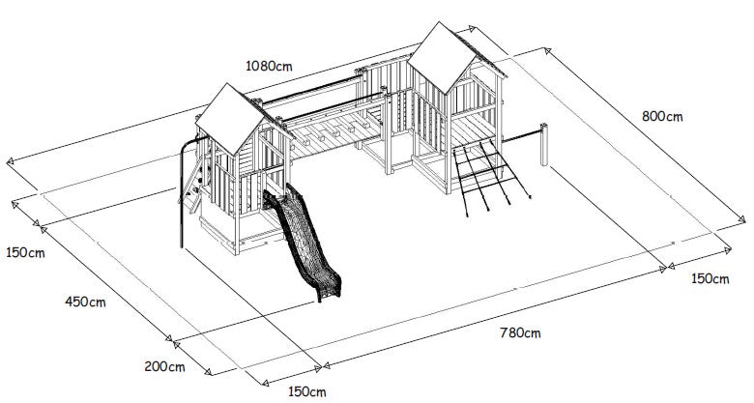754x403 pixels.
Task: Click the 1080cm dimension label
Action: (269, 66)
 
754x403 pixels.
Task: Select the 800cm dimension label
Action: (662, 116)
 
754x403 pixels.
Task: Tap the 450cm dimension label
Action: (85, 302)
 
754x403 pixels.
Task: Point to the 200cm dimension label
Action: (164, 366)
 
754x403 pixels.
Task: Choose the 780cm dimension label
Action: (520, 332)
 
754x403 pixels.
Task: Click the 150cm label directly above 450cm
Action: (25, 252)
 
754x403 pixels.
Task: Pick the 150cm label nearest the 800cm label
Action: (710, 279)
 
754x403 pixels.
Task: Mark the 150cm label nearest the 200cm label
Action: (306, 391)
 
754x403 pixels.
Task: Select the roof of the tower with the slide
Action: (233, 119)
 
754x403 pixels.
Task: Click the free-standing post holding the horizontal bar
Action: (544, 144)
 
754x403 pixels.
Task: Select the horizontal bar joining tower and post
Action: (521, 135)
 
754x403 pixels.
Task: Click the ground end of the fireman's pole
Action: (182, 246)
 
